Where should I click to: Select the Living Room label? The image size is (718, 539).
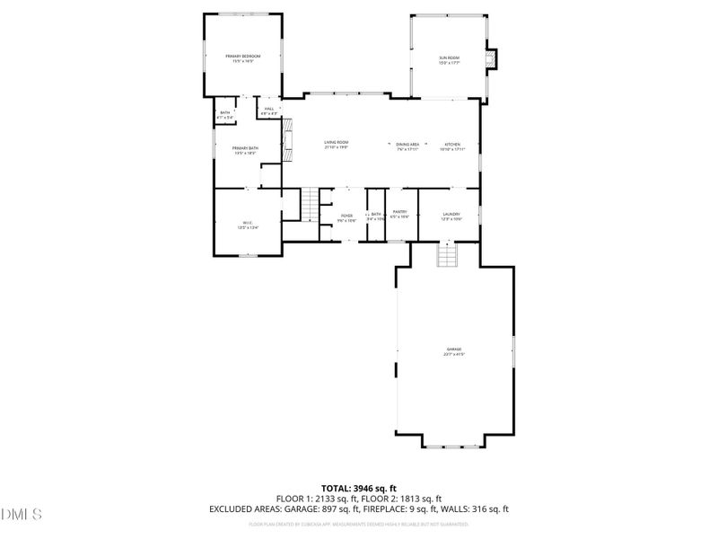coord(337,144)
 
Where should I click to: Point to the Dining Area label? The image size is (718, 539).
coord(408,144)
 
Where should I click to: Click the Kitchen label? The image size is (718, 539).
coord(451,144)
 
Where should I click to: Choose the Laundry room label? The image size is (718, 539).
coord(451,215)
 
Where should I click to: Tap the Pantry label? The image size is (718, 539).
coord(400,215)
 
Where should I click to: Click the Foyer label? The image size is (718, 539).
coord(346,216)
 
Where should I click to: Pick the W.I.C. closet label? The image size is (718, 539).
coord(248,225)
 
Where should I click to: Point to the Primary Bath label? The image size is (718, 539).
coord(245,150)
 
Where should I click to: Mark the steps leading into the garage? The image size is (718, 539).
coord(447,256)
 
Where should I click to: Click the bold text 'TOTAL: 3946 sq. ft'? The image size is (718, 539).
coord(358,489)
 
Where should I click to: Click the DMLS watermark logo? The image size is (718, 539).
coord(22,515)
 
